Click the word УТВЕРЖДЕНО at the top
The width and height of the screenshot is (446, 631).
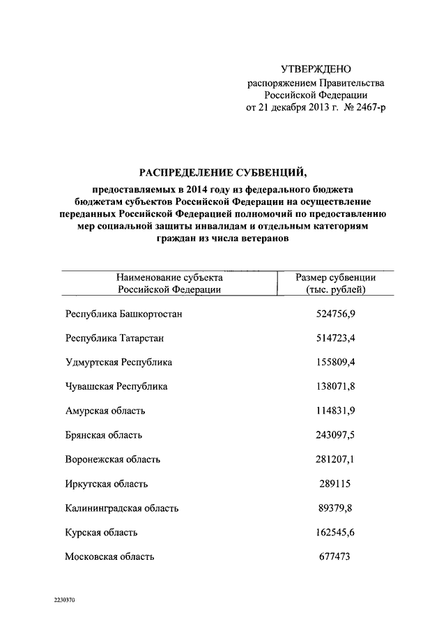[316, 70]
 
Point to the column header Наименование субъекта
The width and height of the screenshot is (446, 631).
[169, 278]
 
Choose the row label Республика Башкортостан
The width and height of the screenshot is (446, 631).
[124, 314]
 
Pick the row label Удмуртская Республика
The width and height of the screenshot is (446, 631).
[118, 363]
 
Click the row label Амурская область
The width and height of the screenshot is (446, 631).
[105, 411]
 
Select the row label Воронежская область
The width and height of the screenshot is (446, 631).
[113, 459]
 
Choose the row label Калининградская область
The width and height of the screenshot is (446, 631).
[122, 508]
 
